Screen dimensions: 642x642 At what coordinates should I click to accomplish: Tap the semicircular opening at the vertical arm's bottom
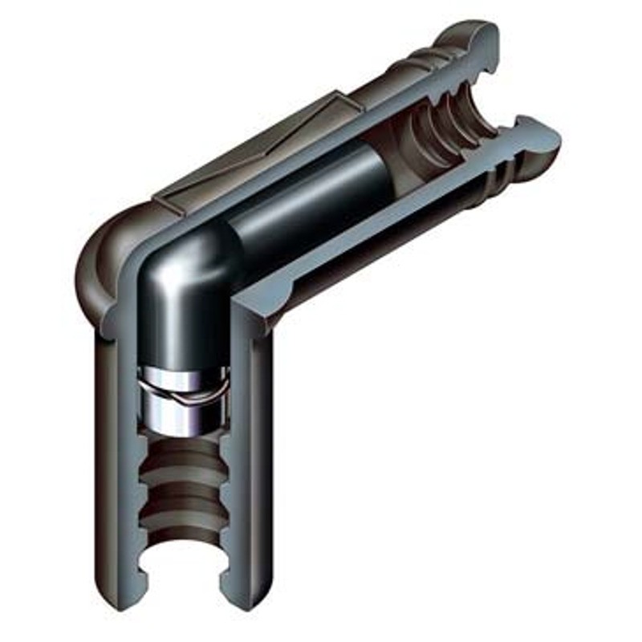(182, 570)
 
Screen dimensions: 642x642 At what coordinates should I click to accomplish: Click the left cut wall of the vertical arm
(128, 449)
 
